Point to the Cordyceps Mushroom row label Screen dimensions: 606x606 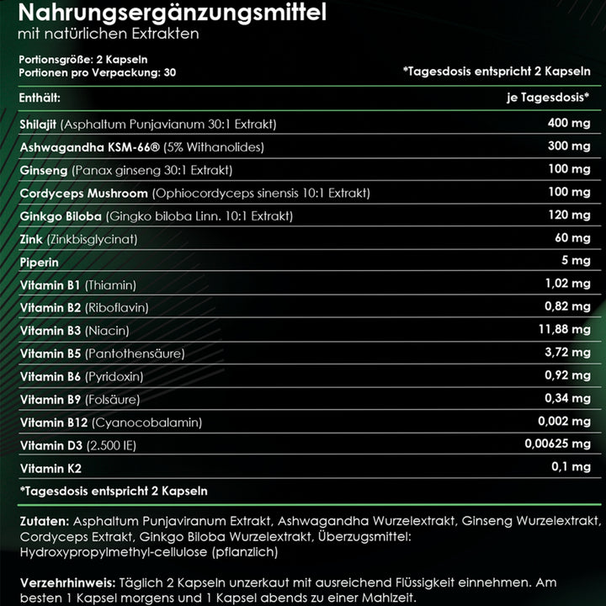pos(78,194)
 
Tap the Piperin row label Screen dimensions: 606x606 pos(39,262)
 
